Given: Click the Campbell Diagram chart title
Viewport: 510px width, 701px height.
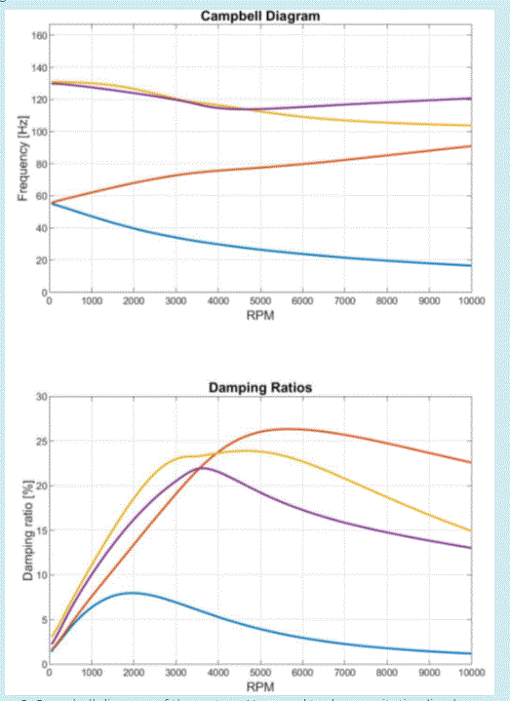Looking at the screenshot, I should click(x=259, y=17).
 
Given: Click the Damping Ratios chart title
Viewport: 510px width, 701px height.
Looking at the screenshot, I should click(x=259, y=389).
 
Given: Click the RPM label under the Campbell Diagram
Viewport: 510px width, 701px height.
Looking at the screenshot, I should click(x=259, y=315).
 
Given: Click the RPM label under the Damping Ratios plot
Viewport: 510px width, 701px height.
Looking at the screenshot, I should click(x=259, y=686).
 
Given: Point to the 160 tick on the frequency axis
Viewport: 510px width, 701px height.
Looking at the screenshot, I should click(x=38, y=36).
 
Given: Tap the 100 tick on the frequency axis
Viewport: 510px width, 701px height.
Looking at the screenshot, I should click(x=38, y=132).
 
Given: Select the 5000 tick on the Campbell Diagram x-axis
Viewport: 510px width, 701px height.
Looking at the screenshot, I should click(x=259, y=302).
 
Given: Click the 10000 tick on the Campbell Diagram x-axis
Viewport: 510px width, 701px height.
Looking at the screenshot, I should click(x=470, y=302).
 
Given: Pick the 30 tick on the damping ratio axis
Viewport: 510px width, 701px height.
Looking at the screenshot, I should click(x=40, y=397).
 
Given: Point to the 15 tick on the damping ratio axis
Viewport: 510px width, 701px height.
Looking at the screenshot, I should click(x=40, y=530).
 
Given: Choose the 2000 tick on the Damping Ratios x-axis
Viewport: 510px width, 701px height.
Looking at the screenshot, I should click(x=134, y=673).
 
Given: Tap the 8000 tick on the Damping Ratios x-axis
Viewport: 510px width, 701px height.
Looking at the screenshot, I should click(x=386, y=673).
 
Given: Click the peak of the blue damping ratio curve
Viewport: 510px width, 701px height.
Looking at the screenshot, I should click(x=132, y=593).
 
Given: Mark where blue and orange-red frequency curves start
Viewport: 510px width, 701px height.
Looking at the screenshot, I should click(x=51, y=203).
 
